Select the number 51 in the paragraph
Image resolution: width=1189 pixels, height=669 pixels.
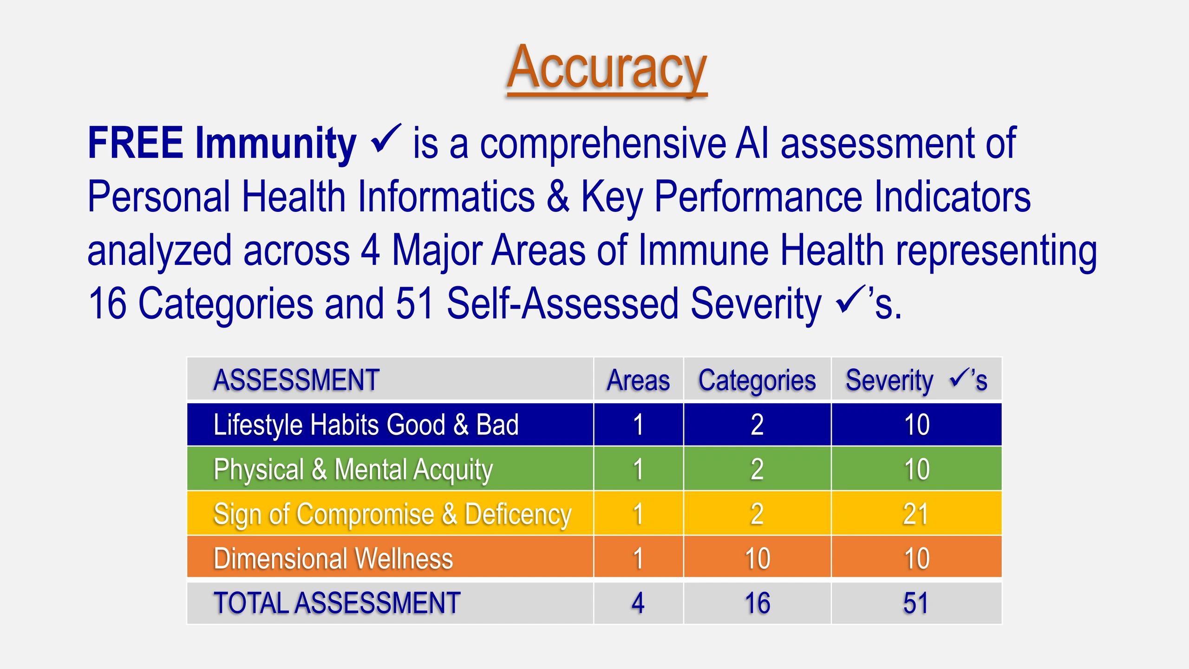(x=415, y=303)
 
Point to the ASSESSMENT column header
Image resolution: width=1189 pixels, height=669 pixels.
(x=296, y=380)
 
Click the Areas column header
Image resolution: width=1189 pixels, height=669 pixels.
(x=639, y=380)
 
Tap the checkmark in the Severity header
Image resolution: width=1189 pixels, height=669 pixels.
(x=960, y=377)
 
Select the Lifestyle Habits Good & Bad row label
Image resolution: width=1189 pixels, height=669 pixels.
(x=366, y=425)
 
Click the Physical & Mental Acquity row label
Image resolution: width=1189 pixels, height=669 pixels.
(x=353, y=469)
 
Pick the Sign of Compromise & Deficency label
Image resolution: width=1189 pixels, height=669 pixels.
(x=392, y=514)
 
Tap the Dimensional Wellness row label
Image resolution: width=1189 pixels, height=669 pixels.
(x=333, y=558)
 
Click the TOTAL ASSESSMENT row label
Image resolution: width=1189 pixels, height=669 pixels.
(x=337, y=603)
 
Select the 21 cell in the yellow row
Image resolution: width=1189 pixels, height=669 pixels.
(x=916, y=514)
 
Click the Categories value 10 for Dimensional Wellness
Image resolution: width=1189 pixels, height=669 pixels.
(x=758, y=558)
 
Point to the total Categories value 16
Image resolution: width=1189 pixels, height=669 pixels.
(x=758, y=603)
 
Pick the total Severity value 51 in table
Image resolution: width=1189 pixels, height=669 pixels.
(x=916, y=603)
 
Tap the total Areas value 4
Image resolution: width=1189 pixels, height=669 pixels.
(x=638, y=603)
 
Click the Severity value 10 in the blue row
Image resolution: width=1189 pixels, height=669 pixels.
(x=917, y=425)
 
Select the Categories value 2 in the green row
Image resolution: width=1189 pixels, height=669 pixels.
(x=757, y=469)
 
